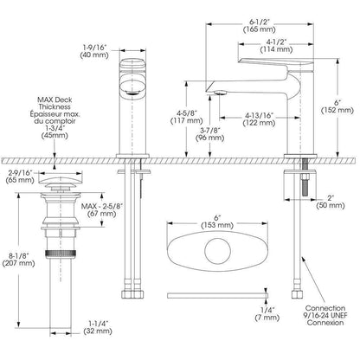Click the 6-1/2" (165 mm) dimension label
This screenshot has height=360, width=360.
(259, 26)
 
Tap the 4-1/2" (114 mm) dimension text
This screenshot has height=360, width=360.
(276, 46)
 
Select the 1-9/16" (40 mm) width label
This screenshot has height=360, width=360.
(94, 51)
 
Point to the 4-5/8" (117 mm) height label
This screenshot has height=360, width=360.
(186, 116)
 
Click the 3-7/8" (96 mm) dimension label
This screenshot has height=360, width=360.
(210, 134)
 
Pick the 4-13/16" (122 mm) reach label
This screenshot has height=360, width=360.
(259, 119)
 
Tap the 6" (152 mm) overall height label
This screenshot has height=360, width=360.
(337, 106)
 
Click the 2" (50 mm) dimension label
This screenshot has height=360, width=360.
(331, 202)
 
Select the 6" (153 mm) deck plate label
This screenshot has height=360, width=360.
(217, 221)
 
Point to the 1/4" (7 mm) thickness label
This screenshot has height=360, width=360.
(267, 314)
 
